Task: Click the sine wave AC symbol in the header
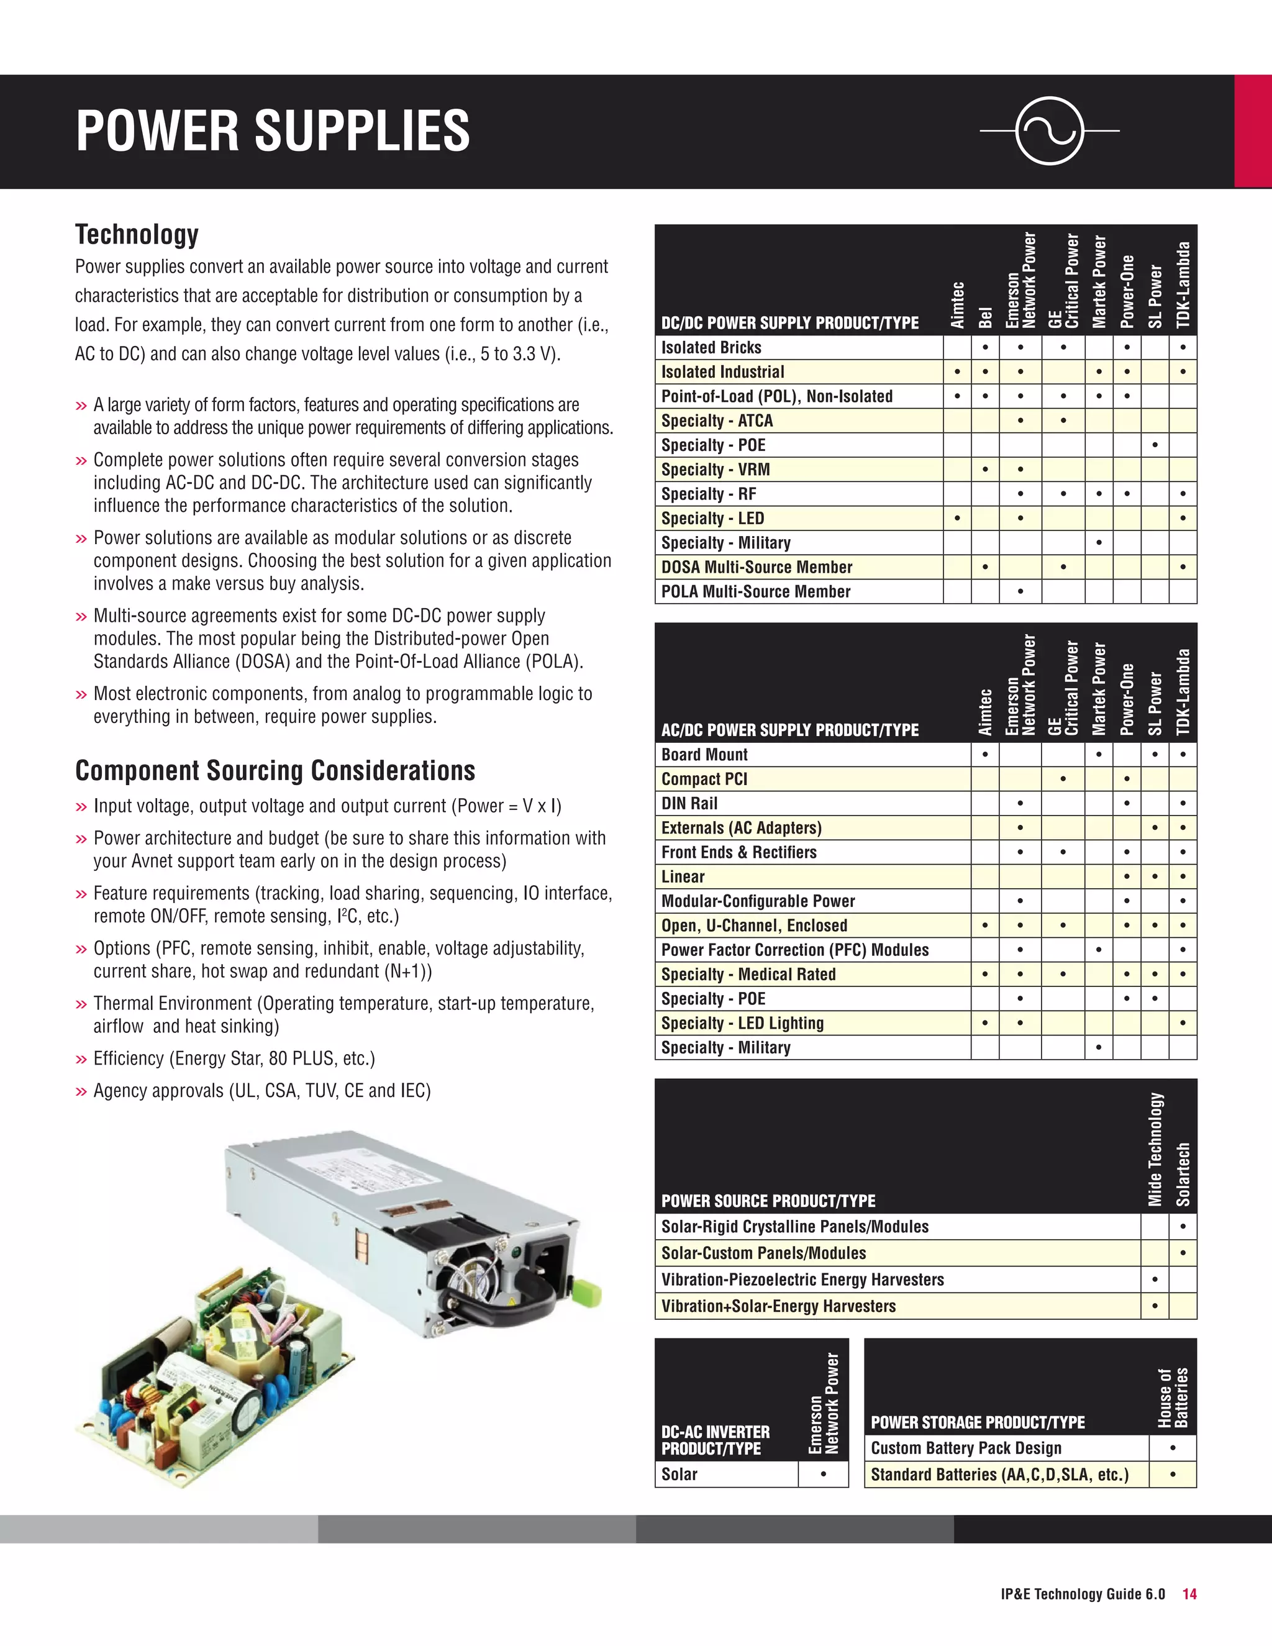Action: (x=1050, y=130)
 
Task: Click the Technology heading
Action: (x=137, y=234)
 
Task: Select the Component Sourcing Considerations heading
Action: (x=275, y=771)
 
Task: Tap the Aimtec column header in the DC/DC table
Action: (x=957, y=304)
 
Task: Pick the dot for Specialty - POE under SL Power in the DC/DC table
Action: (x=1155, y=445)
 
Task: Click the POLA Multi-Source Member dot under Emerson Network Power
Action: (x=1020, y=591)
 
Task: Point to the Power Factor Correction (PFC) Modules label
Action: (x=794, y=950)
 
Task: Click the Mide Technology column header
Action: (x=1155, y=1148)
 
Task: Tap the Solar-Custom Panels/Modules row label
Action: (x=763, y=1253)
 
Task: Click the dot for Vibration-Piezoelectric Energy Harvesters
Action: (x=1155, y=1280)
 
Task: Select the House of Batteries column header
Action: (x=1173, y=1398)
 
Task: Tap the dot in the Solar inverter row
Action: (x=824, y=1474)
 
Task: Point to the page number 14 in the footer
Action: (x=1189, y=1594)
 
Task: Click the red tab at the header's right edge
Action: (x=1252, y=131)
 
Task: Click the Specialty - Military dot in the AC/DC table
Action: (x=1099, y=1048)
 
